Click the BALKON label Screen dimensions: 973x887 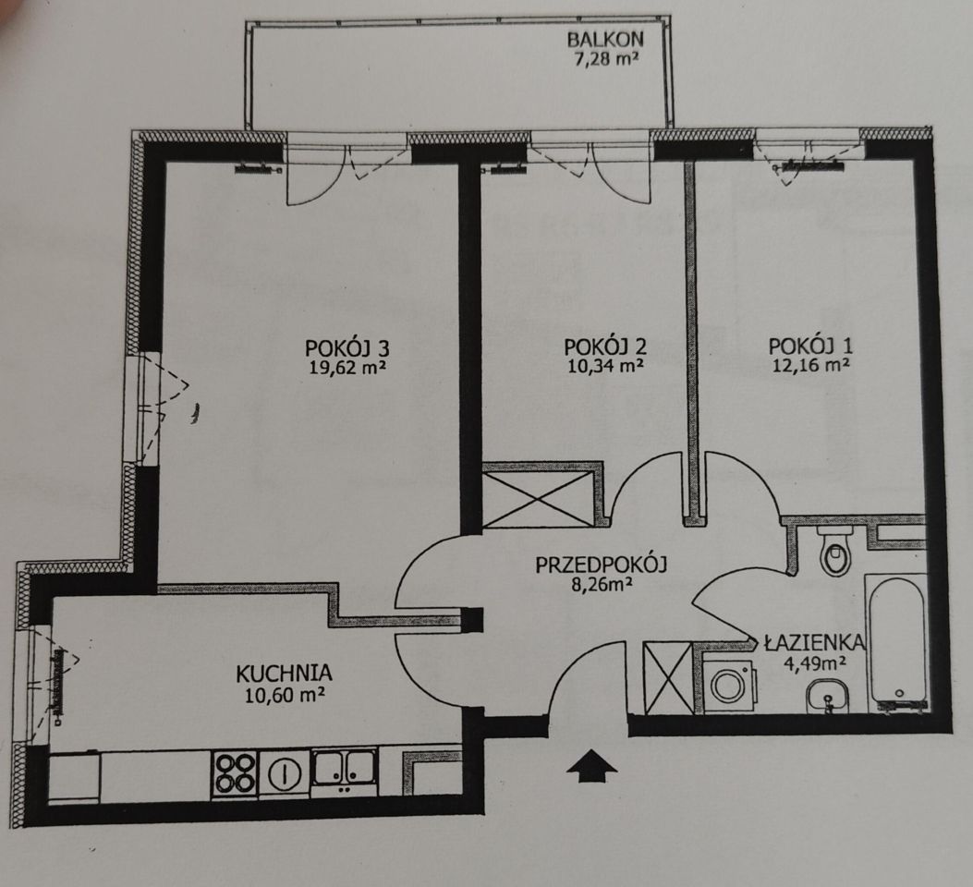point(605,39)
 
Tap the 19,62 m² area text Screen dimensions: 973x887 point(348,368)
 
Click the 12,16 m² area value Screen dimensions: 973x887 point(811,365)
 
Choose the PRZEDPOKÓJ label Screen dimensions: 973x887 point(601,565)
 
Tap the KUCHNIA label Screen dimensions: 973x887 point(285,673)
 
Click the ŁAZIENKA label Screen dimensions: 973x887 point(814,642)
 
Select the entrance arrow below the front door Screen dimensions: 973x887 point(592,765)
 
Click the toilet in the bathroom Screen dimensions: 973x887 point(835,552)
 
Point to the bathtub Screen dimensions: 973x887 point(897,642)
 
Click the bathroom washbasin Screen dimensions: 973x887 point(827,698)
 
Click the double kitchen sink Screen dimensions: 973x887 point(344,768)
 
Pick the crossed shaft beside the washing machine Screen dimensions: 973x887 point(668,678)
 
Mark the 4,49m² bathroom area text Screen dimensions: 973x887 point(815,664)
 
